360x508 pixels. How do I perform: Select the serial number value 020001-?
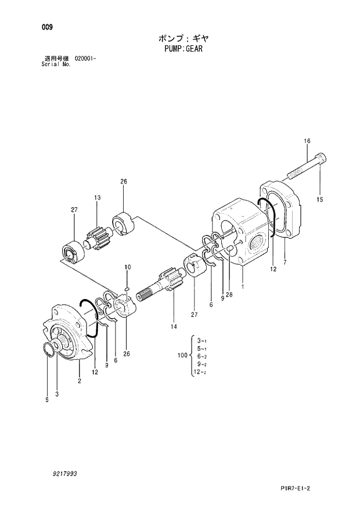(85, 59)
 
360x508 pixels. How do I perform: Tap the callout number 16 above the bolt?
(307, 141)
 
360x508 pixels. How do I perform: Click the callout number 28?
(229, 294)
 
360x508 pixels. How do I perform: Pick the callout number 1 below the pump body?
(242, 286)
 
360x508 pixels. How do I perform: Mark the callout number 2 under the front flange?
(78, 381)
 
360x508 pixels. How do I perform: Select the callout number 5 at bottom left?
(47, 399)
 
